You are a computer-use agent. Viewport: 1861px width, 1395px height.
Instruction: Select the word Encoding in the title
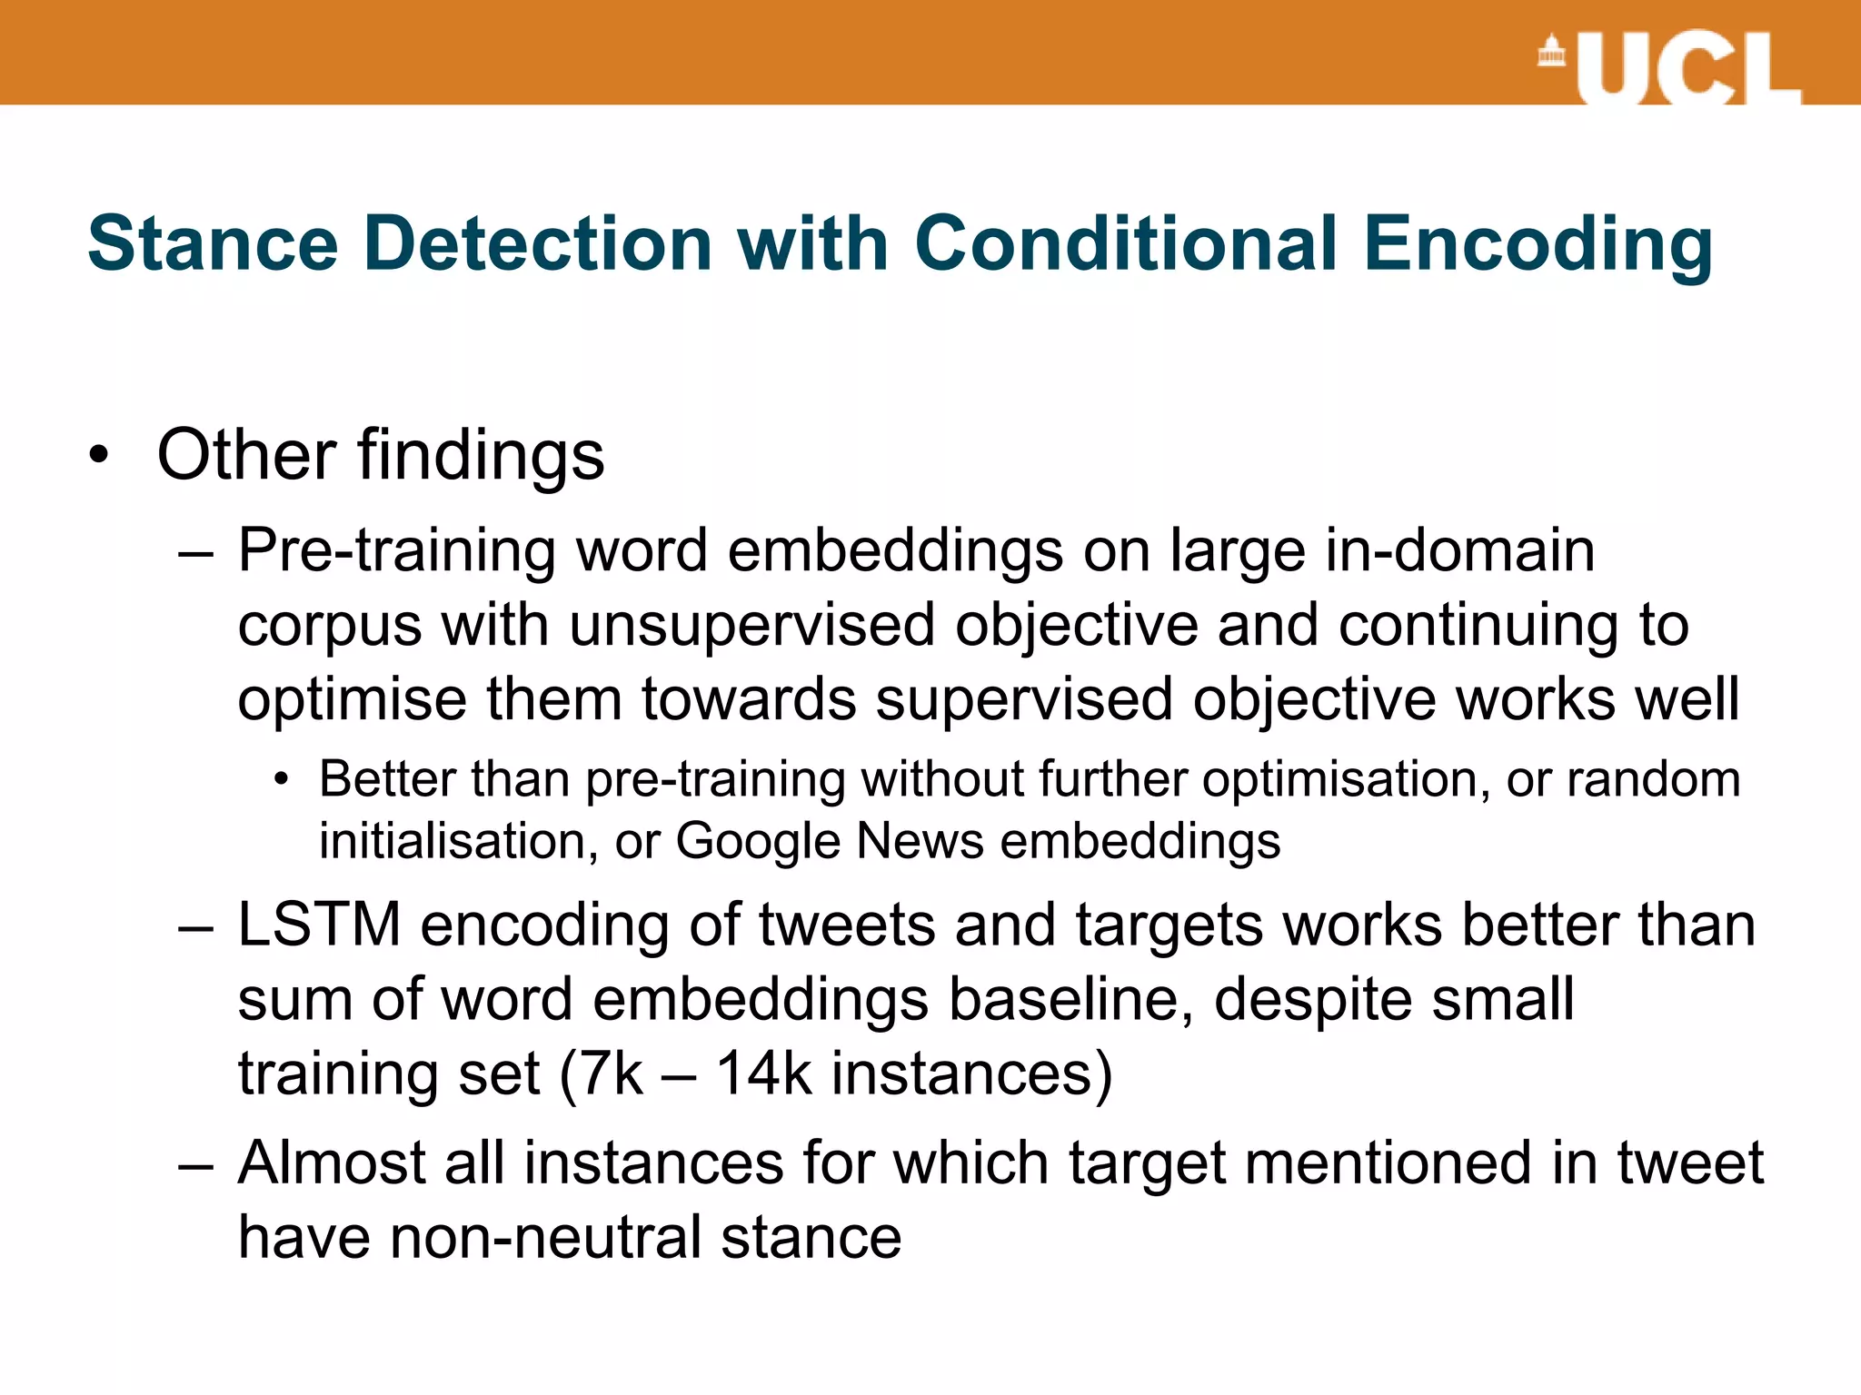point(1538,245)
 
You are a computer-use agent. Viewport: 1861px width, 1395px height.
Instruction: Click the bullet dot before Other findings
point(100,454)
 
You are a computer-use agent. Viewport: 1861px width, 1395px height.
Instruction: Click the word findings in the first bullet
point(481,454)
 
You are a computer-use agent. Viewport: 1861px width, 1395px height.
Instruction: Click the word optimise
point(352,701)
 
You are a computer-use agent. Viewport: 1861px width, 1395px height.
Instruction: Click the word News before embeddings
point(920,841)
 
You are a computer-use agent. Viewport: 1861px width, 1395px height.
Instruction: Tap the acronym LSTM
point(319,925)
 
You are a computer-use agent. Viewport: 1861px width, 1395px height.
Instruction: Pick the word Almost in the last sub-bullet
point(332,1163)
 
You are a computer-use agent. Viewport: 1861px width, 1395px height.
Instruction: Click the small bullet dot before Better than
point(283,779)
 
